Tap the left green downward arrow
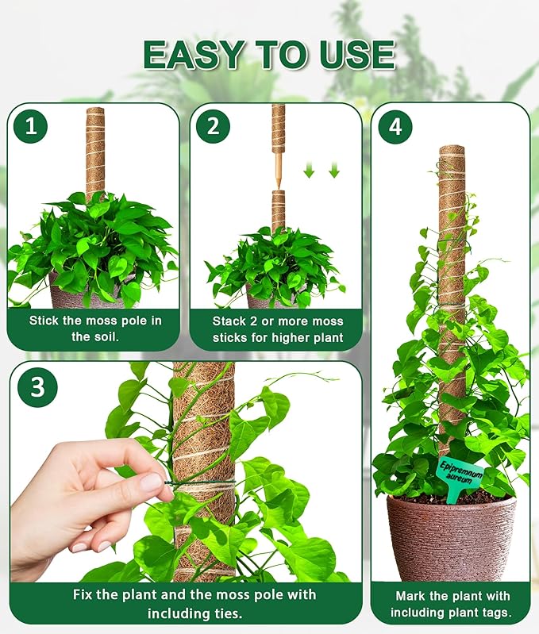310,170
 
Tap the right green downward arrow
333,170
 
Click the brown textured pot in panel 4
450,540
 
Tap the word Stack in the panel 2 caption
229,321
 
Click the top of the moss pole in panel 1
95,111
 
